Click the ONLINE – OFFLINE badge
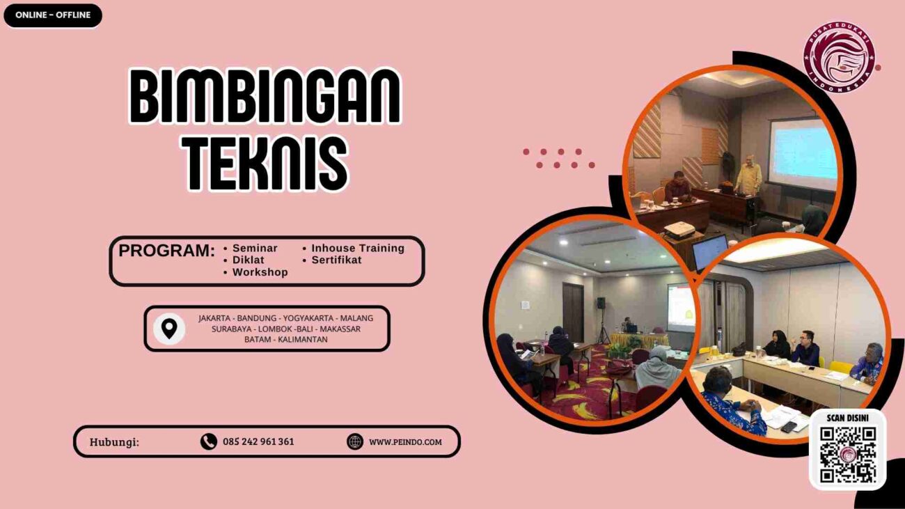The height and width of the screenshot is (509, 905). pos(53,15)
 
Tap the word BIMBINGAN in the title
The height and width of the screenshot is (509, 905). pos(265,97)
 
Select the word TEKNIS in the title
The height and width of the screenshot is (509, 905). pos(267,164)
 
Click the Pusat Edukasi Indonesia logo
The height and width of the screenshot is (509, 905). pos(839,57)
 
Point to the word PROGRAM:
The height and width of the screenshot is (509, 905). pos(166,251)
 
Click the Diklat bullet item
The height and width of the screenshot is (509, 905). pos(249,260)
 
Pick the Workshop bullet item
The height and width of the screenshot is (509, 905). pos(260,272)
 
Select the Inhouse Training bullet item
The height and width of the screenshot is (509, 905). pos(357,248)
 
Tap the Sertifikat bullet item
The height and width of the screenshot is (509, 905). pos(336,260)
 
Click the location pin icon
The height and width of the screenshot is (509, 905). pos(169,329)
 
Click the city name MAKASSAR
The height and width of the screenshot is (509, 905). pos(340,329)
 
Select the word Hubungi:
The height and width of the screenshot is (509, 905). pos(114,442)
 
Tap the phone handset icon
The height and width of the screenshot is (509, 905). pos(208,441)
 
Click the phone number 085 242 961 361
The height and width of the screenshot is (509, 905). pos(258,441)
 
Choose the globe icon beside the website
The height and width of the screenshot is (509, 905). pos(355,441)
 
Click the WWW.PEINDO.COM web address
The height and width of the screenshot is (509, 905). pos(405,441)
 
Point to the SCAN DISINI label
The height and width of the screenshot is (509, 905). pos(847,418)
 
